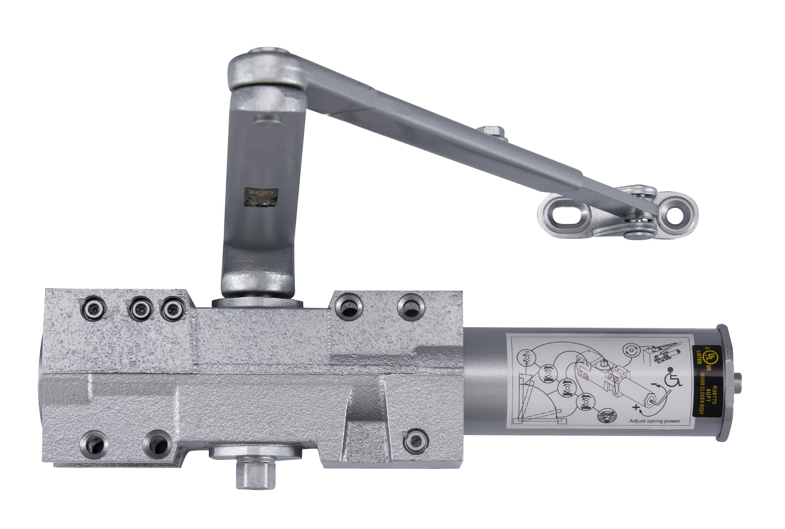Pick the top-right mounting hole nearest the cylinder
[x=409, y=305]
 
